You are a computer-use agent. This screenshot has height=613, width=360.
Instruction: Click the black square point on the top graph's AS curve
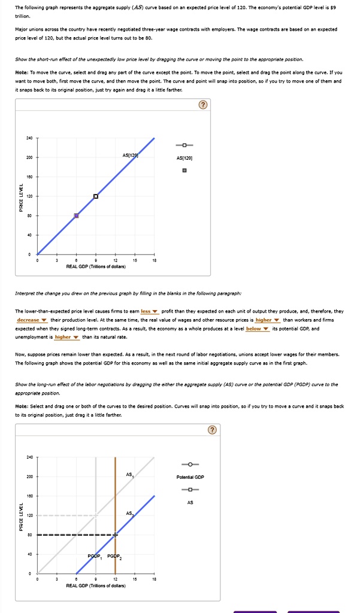[x=96, y=196]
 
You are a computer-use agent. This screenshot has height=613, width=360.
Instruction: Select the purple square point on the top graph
[x=76, y=216]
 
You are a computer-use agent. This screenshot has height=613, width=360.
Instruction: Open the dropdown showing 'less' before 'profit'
[x=149, y=311]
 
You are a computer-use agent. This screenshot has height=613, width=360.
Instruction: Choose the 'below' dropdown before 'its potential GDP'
[x=257, y=328]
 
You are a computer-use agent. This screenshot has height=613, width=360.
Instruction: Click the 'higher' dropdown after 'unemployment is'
[x=66, y=336]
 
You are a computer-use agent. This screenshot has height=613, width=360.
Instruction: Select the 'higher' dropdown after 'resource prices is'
[x=267, y=320]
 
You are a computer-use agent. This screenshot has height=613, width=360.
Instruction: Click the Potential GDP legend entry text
[x=190, y=477]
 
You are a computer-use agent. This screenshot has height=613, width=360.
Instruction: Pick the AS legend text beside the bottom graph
[x=190, y=502]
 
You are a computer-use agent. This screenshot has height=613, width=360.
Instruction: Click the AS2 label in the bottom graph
[x=129, y=513]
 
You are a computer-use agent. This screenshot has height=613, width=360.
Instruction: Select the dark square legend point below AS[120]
[x=184, y=171]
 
